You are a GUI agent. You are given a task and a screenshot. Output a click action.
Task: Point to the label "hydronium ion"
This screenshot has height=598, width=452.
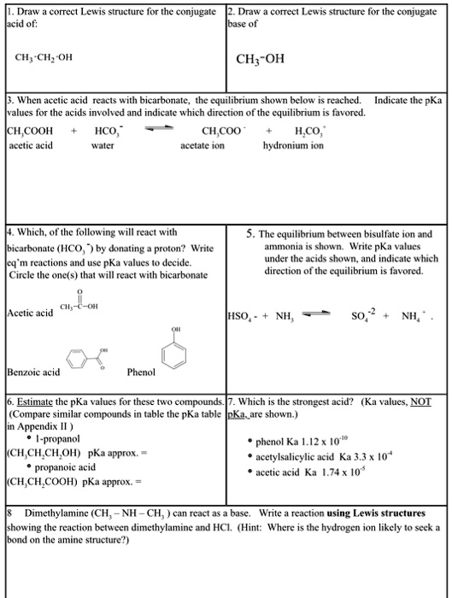click(293, 146)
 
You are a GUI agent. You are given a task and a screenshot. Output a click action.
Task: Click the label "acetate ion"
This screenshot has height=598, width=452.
click(203, 146)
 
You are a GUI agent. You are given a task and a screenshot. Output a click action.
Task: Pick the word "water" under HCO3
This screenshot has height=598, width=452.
click(103, 146)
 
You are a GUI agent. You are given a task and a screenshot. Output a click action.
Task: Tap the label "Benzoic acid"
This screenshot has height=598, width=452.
click(33, 372)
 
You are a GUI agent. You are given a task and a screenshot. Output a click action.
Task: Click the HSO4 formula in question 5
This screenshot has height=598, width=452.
click(244, 316)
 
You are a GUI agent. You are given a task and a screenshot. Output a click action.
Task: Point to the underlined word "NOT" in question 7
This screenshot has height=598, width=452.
click(420, 402)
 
